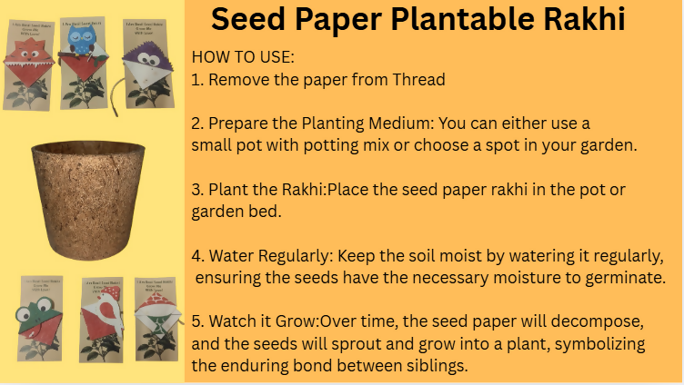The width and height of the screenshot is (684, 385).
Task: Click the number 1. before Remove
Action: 197,79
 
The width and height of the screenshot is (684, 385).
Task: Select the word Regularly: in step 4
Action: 298,256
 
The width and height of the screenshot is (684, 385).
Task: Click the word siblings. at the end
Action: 436,366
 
